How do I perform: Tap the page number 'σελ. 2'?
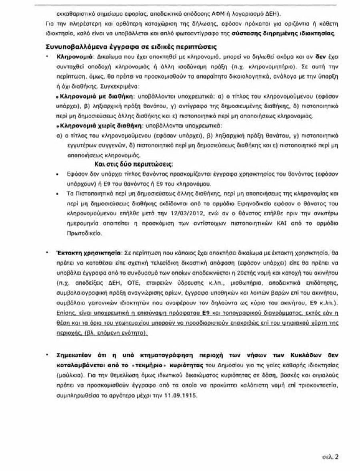click(330, 456)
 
